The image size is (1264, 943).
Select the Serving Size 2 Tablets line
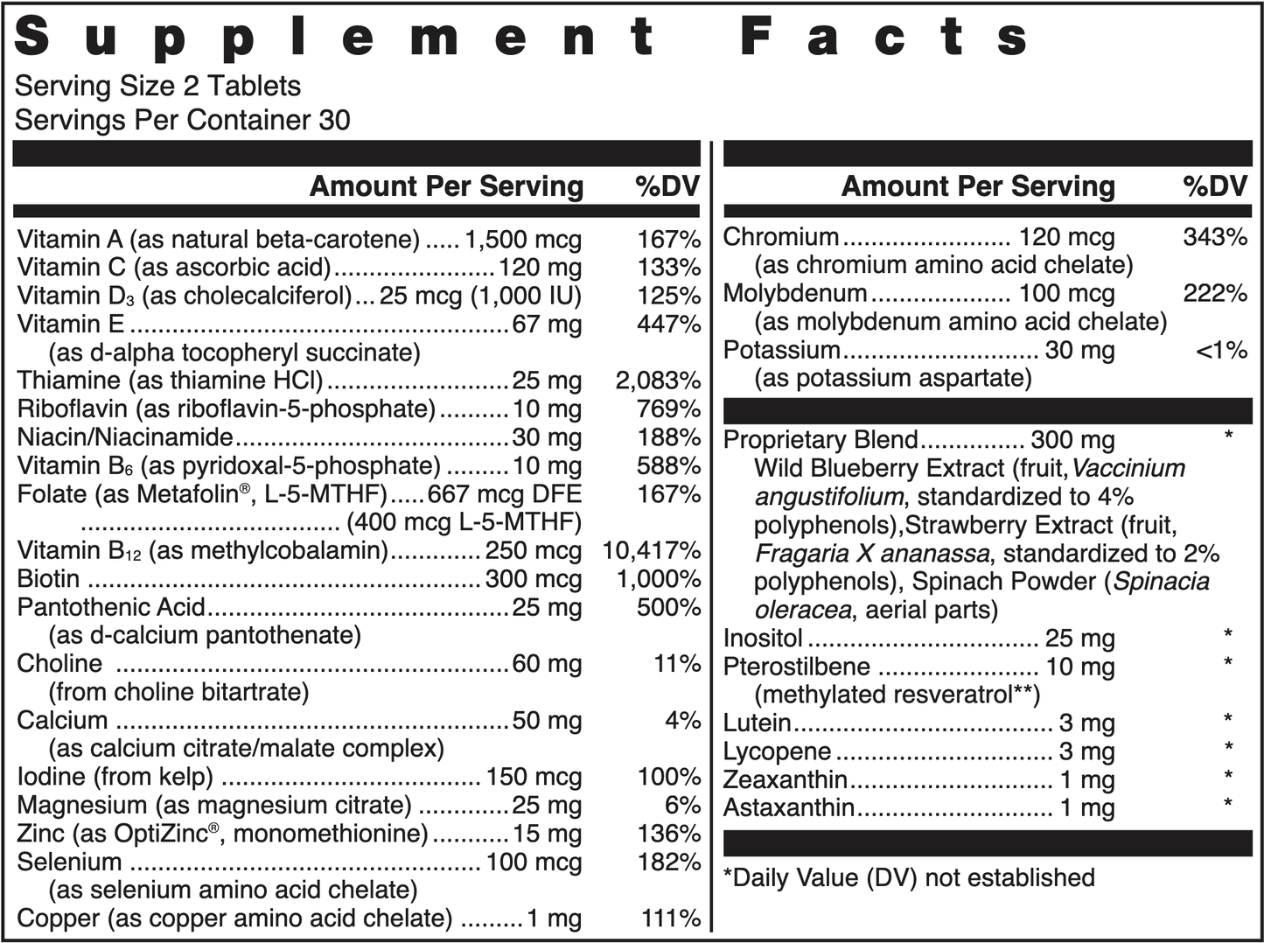coord(157,86)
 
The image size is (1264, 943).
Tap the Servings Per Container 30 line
coord(182,120)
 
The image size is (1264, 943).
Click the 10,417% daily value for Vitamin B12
coord(652,551)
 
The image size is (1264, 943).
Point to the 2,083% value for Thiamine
coord(658,381)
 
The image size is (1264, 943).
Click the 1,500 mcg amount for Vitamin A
coord(522,240)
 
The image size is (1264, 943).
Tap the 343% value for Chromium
coord(1215,237)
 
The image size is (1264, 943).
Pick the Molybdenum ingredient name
coord(795,294)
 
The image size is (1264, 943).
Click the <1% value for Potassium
coord(1221,350)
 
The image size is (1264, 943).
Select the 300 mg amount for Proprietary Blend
coord(1072,440)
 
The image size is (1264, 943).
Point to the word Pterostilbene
coord(796,667)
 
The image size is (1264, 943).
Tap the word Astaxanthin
coord(789,807)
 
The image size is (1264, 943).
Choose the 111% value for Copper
coord(671,919)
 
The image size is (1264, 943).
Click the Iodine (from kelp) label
coord(115,777)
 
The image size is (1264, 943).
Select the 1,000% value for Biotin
coord(659,579)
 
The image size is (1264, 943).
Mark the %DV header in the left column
coord(667,186)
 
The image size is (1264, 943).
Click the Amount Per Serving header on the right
coord(977,186)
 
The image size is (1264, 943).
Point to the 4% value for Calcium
coord(682,721)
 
